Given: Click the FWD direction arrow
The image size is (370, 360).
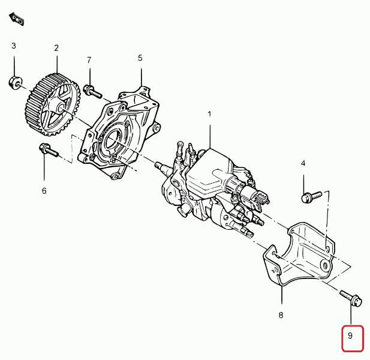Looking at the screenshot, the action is point(17,19).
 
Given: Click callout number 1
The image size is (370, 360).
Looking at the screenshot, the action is point(209,114).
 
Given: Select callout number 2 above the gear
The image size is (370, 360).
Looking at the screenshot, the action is point(56,48).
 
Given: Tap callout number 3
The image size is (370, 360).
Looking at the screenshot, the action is point(14,46).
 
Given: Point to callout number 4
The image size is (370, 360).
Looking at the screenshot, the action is point(303,163).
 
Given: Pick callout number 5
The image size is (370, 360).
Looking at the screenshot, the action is point(140,58).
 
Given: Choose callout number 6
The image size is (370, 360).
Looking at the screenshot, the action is point(44,191).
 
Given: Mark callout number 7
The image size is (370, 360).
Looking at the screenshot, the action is point(89,61).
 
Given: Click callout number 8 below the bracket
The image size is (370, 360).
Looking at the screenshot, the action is point(281,314).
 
